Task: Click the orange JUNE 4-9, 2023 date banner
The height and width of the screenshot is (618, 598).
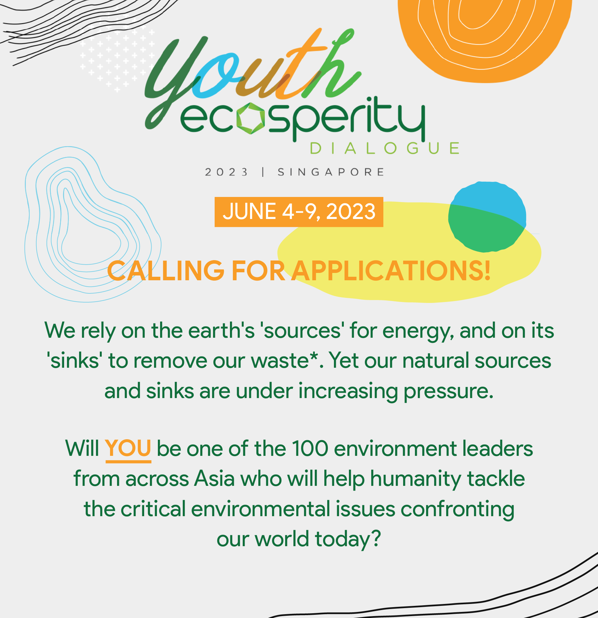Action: (299, 212)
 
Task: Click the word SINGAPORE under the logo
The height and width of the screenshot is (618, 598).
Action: (331, 172)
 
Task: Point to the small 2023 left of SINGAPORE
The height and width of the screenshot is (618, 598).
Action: (226, 172)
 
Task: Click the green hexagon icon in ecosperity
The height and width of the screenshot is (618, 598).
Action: (251, 118)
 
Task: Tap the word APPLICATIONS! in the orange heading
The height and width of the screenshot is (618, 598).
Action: (391, 271)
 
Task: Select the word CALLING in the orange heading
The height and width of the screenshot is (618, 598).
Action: (166, 271)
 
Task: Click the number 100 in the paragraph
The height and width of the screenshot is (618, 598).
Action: (310, 448)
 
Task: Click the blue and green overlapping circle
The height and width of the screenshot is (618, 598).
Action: (487, 217)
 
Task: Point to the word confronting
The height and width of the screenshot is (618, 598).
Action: (457, 510)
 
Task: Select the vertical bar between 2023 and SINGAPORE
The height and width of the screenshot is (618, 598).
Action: (263, 172)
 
